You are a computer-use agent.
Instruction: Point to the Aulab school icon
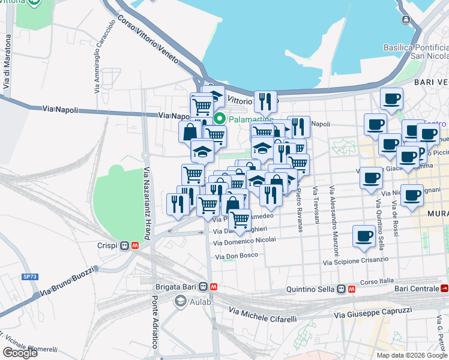pos(180,301)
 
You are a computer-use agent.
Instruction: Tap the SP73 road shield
pos(29,277)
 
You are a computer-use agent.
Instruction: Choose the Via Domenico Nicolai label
pos(244,241)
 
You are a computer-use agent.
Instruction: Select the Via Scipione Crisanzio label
pos(355,261)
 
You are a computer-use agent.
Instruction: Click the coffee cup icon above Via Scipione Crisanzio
pos(363,236)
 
